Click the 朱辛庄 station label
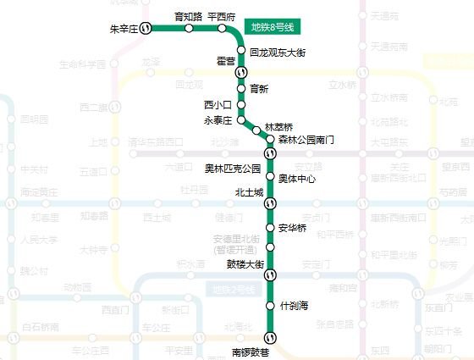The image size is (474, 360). (124, 29)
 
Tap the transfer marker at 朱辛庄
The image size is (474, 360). (146, 28)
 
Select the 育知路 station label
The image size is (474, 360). (188, 16)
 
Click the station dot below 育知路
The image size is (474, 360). (189, 28)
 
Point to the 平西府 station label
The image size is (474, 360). (222, 16)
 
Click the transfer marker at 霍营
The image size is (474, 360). (240, 73)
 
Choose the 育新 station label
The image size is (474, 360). (259, 88)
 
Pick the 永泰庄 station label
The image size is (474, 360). (218, 120)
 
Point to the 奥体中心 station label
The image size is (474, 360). (297, 179)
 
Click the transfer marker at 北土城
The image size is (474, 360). (270, 203)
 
